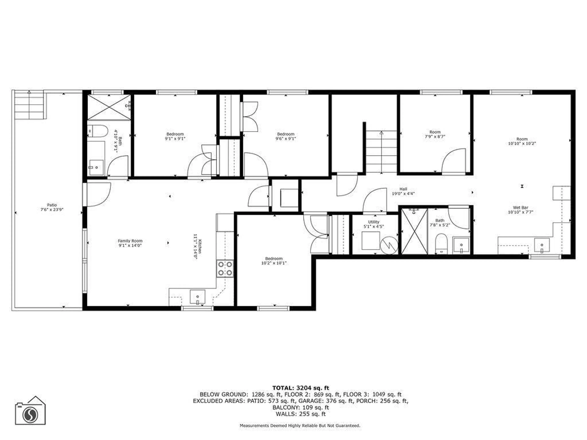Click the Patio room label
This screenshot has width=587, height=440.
pos(52,207)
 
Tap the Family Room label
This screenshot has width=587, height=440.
pos(130,243)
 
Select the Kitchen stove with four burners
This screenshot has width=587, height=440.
pos(225,269)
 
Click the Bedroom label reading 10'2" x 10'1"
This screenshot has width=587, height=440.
pos(274,261)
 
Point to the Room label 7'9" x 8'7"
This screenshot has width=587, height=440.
pos(435,134)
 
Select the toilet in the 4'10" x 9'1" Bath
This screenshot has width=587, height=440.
pos(98,131)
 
